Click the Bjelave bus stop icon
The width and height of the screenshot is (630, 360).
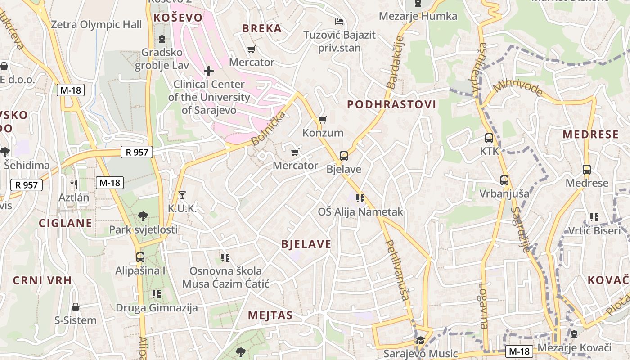tap(344, 156)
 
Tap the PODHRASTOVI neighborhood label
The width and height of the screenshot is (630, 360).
tap(391, 105)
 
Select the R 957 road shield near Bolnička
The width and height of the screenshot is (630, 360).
tap(137, 152)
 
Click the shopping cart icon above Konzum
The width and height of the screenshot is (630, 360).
tap(322, 120)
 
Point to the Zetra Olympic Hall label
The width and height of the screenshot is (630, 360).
tap(96, 25)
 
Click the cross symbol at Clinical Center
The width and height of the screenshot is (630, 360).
tap(208, 71)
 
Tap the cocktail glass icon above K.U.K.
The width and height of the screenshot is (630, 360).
tap(182, 195)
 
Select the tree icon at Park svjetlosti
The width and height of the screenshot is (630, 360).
tap(143, 216)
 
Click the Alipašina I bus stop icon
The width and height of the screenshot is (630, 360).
tap(140, 257)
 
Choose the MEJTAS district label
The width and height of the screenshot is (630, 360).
tap(270, 315)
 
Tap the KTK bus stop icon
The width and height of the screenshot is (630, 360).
tap(489, 138)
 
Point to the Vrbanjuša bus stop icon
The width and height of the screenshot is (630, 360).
tap(504, 180)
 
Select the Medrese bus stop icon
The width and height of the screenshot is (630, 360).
tap(586, 170)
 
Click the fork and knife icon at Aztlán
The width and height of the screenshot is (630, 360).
tap(74, 184)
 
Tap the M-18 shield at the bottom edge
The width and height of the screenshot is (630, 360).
tap(519, 351)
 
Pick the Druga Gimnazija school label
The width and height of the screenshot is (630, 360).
tap(157, 308)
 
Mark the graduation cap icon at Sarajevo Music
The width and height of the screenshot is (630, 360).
tap(420, 340)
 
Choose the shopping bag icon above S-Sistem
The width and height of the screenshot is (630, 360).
tap(76, 307)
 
